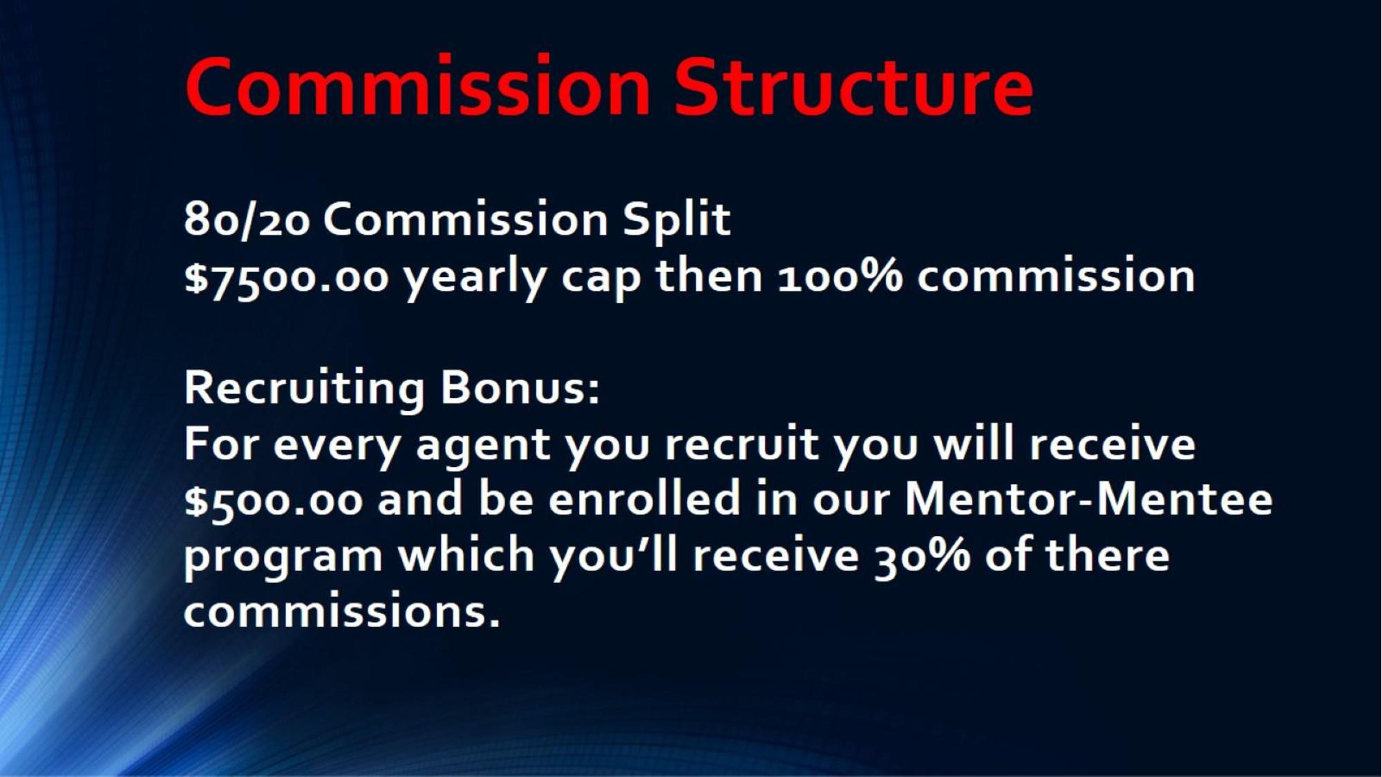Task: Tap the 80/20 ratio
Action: pyautogui.click(x=247, y=220)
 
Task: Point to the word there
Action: pyautogui.click(x=1107, y=554)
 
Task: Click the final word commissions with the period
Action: pyautogui.click(x=342, y=611)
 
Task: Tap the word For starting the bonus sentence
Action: pyautogui.click(x=223, y=443)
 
